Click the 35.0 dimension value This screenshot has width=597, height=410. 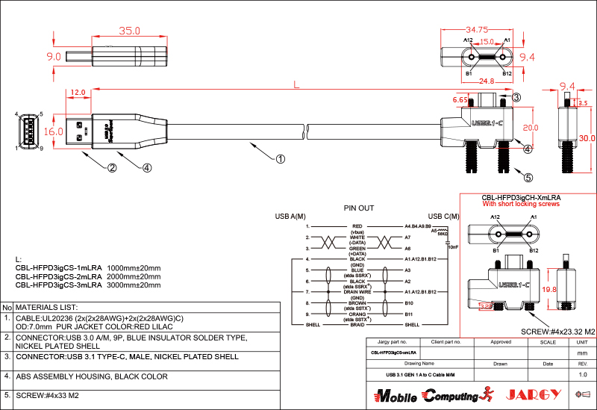click(130, 31)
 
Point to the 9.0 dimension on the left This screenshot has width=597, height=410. click(54, 57)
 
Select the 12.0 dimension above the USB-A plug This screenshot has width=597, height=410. click(78, 93)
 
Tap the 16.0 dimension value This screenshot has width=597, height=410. click(54, 131)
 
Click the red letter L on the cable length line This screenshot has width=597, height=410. click(297, 86)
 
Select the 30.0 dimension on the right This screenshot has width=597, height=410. click(587, 138)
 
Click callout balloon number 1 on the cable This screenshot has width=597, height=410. click(281, 158)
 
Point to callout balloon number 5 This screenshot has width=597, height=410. click(528, 178)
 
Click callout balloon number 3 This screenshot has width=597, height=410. click(516, 97)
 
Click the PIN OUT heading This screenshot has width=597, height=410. click(359, 208)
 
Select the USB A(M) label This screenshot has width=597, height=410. click(291, 217)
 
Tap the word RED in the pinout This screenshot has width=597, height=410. click(357, 226)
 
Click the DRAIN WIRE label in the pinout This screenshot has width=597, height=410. click(357, 292)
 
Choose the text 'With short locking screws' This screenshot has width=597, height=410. click(520, 204)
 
